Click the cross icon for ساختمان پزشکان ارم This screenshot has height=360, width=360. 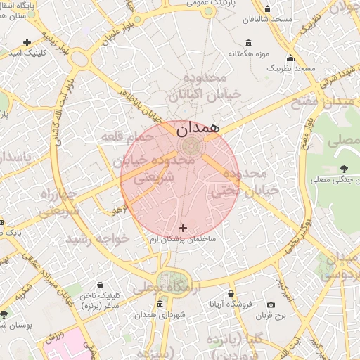click(x=184, y=228)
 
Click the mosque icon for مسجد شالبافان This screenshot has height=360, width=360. click(x=267, y=9)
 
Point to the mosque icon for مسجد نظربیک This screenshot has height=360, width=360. click(x=290, y=58)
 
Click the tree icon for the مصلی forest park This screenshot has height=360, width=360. click(x=344, y=168)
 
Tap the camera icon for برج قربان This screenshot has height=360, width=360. click(x=271, y=304)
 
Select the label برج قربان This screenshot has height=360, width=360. click(x=288, y=317)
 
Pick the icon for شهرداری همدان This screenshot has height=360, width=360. click(x=160, y=304)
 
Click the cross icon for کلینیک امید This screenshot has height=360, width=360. click(x=27, y=42)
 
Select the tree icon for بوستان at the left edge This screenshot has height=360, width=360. click(x=4, y=314)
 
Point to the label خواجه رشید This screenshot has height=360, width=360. click(x=98, y=239)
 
